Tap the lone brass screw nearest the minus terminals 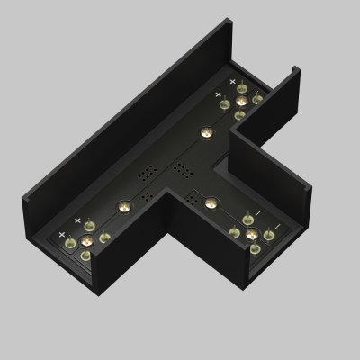point(209,200)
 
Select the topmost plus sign point(231,83)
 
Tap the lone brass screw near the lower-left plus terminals point(120,205)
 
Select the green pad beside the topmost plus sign point(245,90)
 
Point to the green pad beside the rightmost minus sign point(268,237)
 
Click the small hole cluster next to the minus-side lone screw point(192,196)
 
